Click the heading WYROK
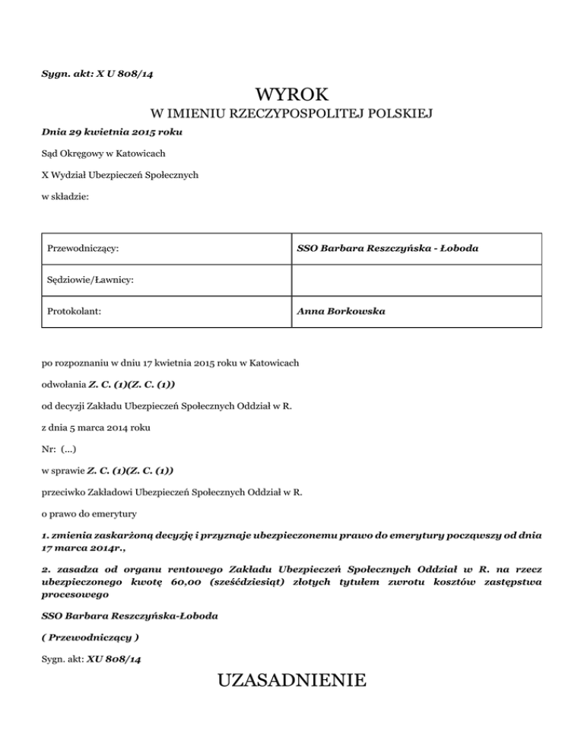(292, 94)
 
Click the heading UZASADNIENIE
(292, 679)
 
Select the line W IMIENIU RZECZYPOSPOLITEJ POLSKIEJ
(292, 115)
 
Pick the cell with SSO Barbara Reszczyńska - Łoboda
(388, 249)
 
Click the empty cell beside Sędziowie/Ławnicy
(416, 281)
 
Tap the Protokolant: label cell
(75, 311)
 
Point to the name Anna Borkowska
(341, 311)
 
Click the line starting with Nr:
(58, 449)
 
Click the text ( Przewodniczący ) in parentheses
(90, 636)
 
